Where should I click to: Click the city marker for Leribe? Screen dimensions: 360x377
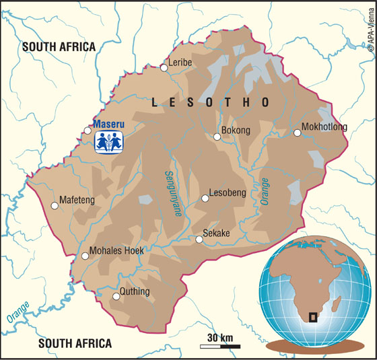[x=164, y=67]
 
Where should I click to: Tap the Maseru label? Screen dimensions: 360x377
[x=108, y=124]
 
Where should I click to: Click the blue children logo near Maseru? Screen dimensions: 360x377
[x=108, y=142]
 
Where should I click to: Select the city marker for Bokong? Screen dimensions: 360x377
[x=217, y=137]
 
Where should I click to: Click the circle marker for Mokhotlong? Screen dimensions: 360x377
[x=297, y=133]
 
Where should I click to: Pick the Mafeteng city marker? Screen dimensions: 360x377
[x=55, y=206]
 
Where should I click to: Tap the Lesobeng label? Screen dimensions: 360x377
[x=228, y=192]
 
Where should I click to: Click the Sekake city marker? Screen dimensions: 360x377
[x=199, y=239]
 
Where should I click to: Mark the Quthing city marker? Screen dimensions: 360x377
[x=116, y=295]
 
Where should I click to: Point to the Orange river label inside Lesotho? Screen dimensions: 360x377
[x=265, y=191]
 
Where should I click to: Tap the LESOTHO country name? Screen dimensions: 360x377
[x=210, y=102]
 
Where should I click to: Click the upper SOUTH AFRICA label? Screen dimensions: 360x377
[x=59, y=46]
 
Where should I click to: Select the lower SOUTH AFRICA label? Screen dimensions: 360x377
[x=75, y=343]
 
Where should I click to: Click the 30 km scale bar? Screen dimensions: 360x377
[x=220, y=346]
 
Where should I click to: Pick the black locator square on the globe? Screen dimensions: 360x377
[x=313, y=317]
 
